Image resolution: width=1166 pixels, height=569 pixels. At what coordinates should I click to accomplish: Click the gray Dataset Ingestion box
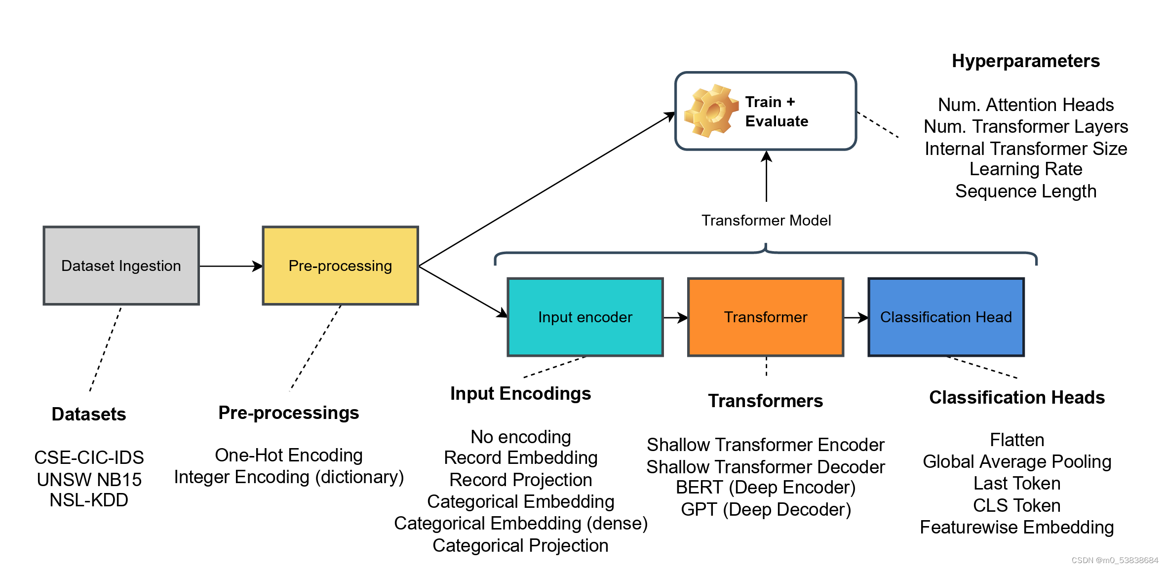[x=121, y=266]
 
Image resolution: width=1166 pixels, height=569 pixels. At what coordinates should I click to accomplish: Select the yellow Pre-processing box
[x=340, y=266]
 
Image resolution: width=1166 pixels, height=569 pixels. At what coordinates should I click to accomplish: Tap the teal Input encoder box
[x=585, y=317]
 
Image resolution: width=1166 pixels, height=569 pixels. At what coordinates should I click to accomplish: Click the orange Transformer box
[x=765, y=317]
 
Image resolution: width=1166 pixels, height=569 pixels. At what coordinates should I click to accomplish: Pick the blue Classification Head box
[x=946, y=317]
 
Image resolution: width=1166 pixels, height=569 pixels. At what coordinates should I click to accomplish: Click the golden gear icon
[x=710, y=111]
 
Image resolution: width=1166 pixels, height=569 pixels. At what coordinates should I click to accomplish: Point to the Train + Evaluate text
[x=776, y=112]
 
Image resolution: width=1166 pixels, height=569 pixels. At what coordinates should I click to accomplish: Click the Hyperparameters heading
[x=1025, y=61]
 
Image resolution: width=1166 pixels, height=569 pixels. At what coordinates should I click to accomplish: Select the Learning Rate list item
[x=1025, y=169]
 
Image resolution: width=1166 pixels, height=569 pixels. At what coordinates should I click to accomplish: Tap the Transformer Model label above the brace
[x=766, y=220]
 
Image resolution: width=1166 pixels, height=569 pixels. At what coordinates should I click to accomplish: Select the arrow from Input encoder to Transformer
[x=675, y=317]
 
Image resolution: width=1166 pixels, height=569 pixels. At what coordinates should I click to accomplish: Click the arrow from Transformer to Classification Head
[x=855, y=317]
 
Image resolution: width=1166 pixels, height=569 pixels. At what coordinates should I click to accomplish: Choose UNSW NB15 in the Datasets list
[x=89, y=479]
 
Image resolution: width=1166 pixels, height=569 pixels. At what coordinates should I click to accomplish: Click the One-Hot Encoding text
[x=288, y=455]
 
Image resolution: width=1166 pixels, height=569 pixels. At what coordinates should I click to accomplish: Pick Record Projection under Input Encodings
[x=520, y=480]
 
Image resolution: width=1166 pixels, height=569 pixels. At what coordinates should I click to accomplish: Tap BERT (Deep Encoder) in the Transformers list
[x=765, y=488]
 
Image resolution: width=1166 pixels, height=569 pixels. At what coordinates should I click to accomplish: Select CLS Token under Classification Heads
[x=1016, y=505]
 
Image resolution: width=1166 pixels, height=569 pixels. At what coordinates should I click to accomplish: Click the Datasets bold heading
[x=89, y=414]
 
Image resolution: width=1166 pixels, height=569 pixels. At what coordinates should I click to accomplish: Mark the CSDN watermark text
[x=1114, y=560]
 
